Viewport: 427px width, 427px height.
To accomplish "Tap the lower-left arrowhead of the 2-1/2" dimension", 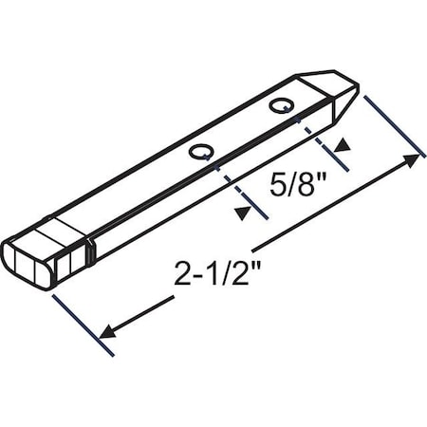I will (x=105, y=333).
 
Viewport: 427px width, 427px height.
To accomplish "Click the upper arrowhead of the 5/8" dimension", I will (x=339, y=145).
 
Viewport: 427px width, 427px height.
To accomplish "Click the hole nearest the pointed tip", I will (x=280, y=105).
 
